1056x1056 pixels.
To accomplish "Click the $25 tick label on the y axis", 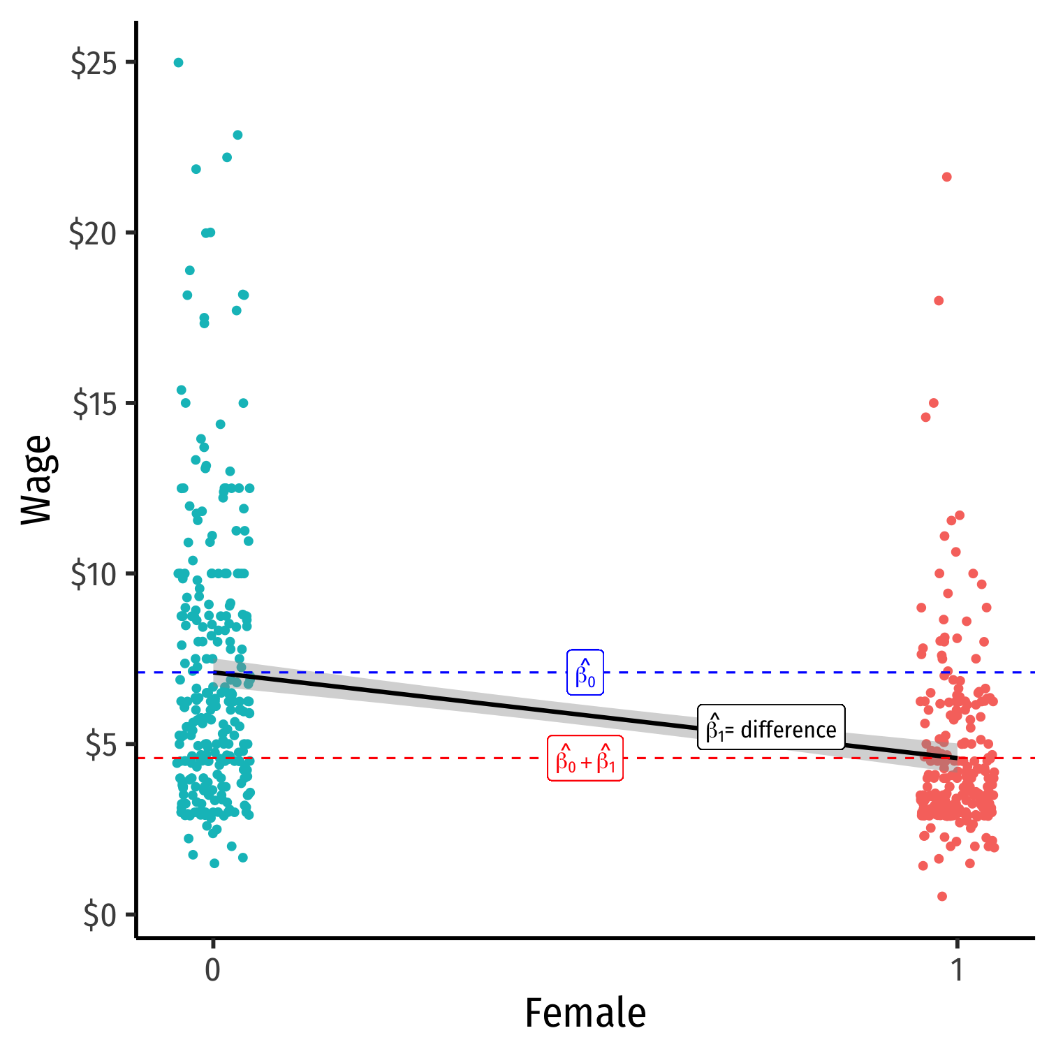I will coord(92,63).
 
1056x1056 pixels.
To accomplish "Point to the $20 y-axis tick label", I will coord(91,233).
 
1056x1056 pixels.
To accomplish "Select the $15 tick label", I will coord(93,404).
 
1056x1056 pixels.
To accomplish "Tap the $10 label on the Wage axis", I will coord(92,574).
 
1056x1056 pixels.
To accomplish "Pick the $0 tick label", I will coord(99,915).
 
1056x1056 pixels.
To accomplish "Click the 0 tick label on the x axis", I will coord(213,970).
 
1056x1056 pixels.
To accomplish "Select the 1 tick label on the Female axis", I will coord(957,970).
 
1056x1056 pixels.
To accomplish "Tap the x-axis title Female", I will coord(585,1013).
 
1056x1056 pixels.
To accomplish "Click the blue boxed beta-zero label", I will coord(585,673).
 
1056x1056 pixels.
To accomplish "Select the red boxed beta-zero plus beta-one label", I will coord(585,758).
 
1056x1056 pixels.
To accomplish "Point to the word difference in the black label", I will coord(788,730).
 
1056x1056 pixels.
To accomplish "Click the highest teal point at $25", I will coord(178,63).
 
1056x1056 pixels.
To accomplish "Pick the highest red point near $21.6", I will coord(947,177).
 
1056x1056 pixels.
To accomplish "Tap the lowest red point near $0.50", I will coord(942,897).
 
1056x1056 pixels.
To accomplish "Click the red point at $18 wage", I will coord(939,301).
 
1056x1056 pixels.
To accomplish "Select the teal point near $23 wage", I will coord(237,135).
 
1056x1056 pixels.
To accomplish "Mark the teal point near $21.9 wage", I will coord(196,169).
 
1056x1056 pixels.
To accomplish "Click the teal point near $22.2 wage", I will coord(227,158).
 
